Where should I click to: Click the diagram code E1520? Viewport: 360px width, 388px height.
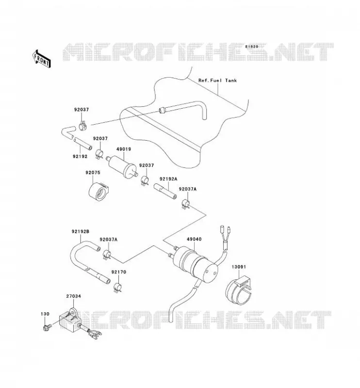point(252,47)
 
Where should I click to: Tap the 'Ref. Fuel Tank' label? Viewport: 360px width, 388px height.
point(217,81)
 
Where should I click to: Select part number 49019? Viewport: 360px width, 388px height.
point(124,149)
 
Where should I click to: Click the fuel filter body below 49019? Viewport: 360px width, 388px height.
point(122,166)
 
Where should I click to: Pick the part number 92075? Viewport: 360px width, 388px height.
point(93,173)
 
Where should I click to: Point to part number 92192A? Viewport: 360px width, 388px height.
point(168,179)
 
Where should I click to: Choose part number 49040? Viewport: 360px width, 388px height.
point(194,239)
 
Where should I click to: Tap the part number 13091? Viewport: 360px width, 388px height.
point(239,267)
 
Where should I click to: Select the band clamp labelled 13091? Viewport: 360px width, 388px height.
point(238,291)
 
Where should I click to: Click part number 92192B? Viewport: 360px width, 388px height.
point(81,232)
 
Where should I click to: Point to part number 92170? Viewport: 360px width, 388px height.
point(118,272)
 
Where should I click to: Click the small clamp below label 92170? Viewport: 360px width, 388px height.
point(117,288)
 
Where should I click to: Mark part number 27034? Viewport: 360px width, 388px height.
point(74,296)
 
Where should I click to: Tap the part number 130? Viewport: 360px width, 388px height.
point(45,314)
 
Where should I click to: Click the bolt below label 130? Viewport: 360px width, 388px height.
point(46,327)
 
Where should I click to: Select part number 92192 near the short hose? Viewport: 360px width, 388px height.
point(80,156)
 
